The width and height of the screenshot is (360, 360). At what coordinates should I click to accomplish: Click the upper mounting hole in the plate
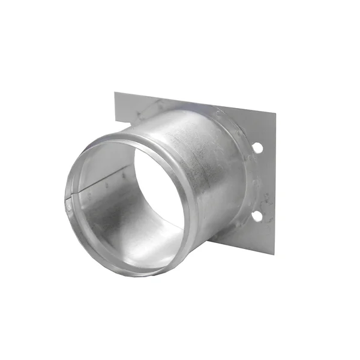257,147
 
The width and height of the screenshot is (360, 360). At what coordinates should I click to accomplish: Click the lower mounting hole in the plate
257,215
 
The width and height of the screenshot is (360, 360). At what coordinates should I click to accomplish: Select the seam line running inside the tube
102,188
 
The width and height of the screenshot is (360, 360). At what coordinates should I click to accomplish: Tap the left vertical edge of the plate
115,111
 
